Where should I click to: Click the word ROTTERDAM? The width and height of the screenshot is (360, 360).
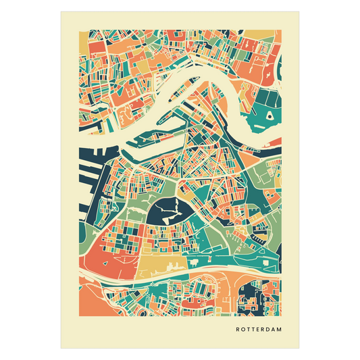click(x=259, y=330)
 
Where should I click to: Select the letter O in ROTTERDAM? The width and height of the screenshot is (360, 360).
click(x=244, y=330)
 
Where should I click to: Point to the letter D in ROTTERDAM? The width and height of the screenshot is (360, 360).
click(x=269, y=330)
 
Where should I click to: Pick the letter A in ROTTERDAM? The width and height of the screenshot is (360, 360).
click(x=274, y=330)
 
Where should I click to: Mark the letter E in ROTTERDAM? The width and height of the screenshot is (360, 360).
click(x=258, y=330)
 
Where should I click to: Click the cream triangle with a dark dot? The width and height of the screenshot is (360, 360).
click(x=269, y=117)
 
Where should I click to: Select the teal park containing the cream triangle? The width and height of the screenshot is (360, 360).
click(x=260, y=111)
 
